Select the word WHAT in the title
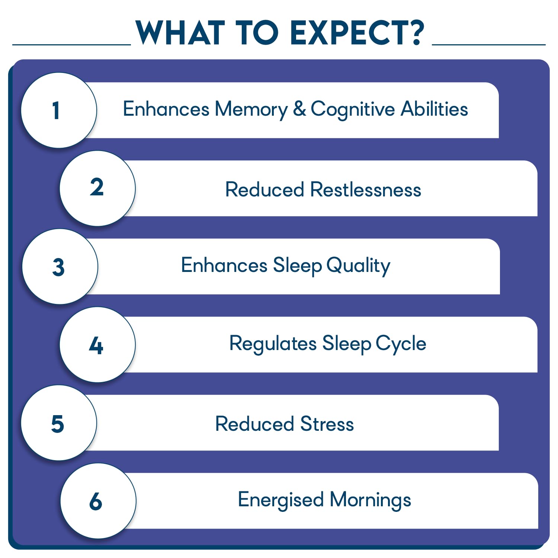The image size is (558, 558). tap(180, 33)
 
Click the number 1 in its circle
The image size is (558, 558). tap(56, 110)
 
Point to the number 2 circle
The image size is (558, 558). tap(97, 188)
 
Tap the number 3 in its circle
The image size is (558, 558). tap(58, 267)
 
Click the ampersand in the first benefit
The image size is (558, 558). tap(299, 109)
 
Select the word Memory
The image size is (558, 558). tap(251, 110)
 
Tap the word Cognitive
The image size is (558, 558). tap(353, 110)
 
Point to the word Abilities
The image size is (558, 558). tap(434, 109)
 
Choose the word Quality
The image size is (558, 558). tap(358, 266)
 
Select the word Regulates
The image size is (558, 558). tap(273, 344)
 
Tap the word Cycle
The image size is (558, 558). tap(401, 344)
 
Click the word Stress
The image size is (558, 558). tap(327, 424)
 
